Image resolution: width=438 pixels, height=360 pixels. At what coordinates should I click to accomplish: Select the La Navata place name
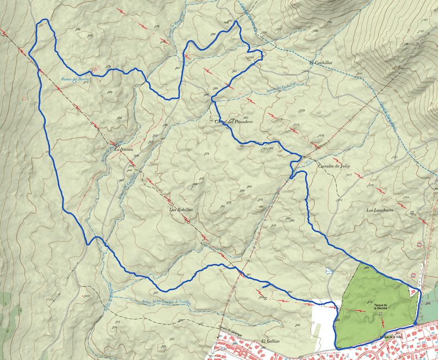123,149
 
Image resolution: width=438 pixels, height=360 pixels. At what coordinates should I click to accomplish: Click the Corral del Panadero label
232,121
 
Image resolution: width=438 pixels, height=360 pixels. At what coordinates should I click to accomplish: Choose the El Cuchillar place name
321,62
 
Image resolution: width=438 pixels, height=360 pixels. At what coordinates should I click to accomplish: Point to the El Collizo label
270,341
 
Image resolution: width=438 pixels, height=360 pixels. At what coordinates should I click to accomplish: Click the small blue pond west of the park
328,271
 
